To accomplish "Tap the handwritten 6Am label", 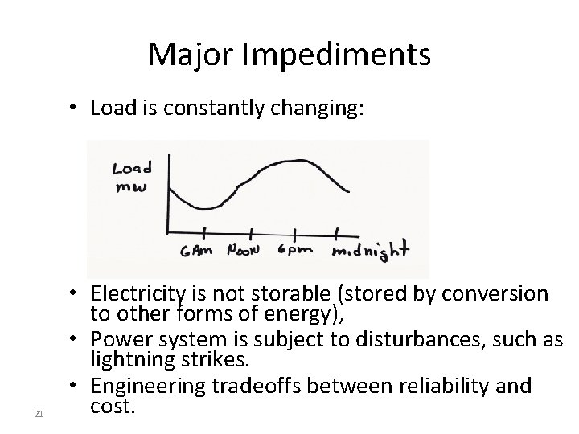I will (x=196, y=251).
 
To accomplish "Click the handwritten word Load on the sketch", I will (x=132, y=169).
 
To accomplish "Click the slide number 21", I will (x=38, y=414).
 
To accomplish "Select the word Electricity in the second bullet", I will (x=135, y=294).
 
